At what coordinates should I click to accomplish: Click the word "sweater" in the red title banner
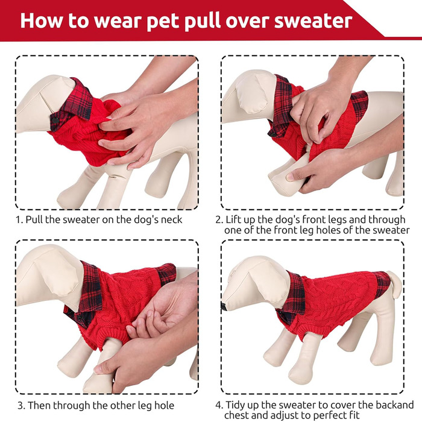click(313, 21)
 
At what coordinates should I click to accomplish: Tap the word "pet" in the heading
click(163, 22)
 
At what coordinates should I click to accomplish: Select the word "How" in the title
click(41, 20)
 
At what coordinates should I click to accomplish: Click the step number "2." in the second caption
click(219, 219)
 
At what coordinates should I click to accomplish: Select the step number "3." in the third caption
click(21, 406)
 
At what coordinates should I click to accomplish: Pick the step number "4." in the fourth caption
click(219, 405)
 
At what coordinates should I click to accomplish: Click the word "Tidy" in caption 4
click(235, 406)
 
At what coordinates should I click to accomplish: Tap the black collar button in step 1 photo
click(55, 121)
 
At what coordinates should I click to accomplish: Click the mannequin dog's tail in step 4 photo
click(395, 284)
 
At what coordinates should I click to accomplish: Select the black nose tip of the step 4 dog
click(223, 306)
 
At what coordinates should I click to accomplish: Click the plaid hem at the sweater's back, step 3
click(166, 273)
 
